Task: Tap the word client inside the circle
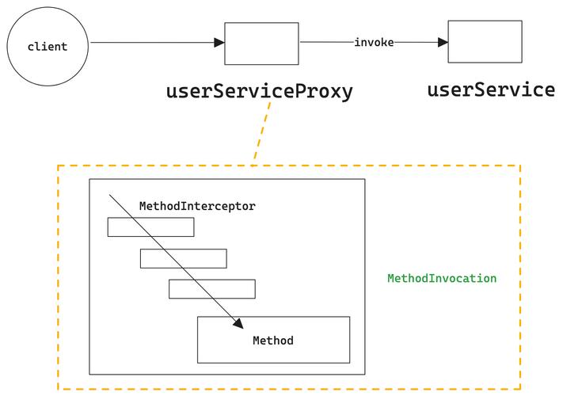(48, 47)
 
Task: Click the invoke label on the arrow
(374, 42)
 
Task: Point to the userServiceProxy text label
(259, 91)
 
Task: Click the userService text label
(491, 89)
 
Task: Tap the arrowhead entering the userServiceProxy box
(219, 43)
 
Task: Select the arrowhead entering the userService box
(443, 42)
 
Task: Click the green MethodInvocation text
(442, 278)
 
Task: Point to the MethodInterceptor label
(197, 206)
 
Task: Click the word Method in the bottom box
(273, 341)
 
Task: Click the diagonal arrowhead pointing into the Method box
(239, 324)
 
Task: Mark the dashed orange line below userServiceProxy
(261, 134)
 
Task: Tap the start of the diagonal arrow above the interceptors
(109, 195)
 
